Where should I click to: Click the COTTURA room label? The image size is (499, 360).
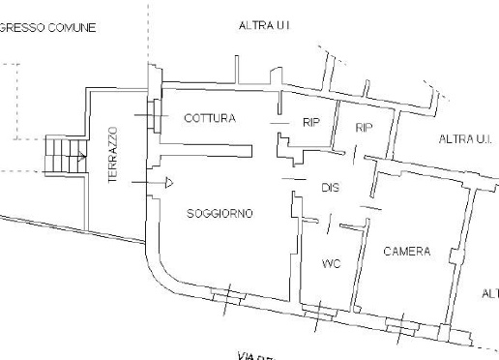click(209, 118)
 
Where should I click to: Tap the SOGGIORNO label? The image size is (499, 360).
click(219, 213)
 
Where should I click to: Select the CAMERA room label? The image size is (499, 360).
click(407, 252)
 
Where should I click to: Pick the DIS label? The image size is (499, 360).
click(329, 187)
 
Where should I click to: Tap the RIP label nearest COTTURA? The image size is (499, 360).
click(311, 124)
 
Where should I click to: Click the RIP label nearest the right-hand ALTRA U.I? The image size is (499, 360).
click(365, 128)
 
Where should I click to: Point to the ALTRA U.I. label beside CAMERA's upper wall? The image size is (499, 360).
click(466, 140)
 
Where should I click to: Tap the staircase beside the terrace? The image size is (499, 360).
click(64, 152)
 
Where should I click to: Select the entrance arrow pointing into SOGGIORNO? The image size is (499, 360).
click(166, 181)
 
